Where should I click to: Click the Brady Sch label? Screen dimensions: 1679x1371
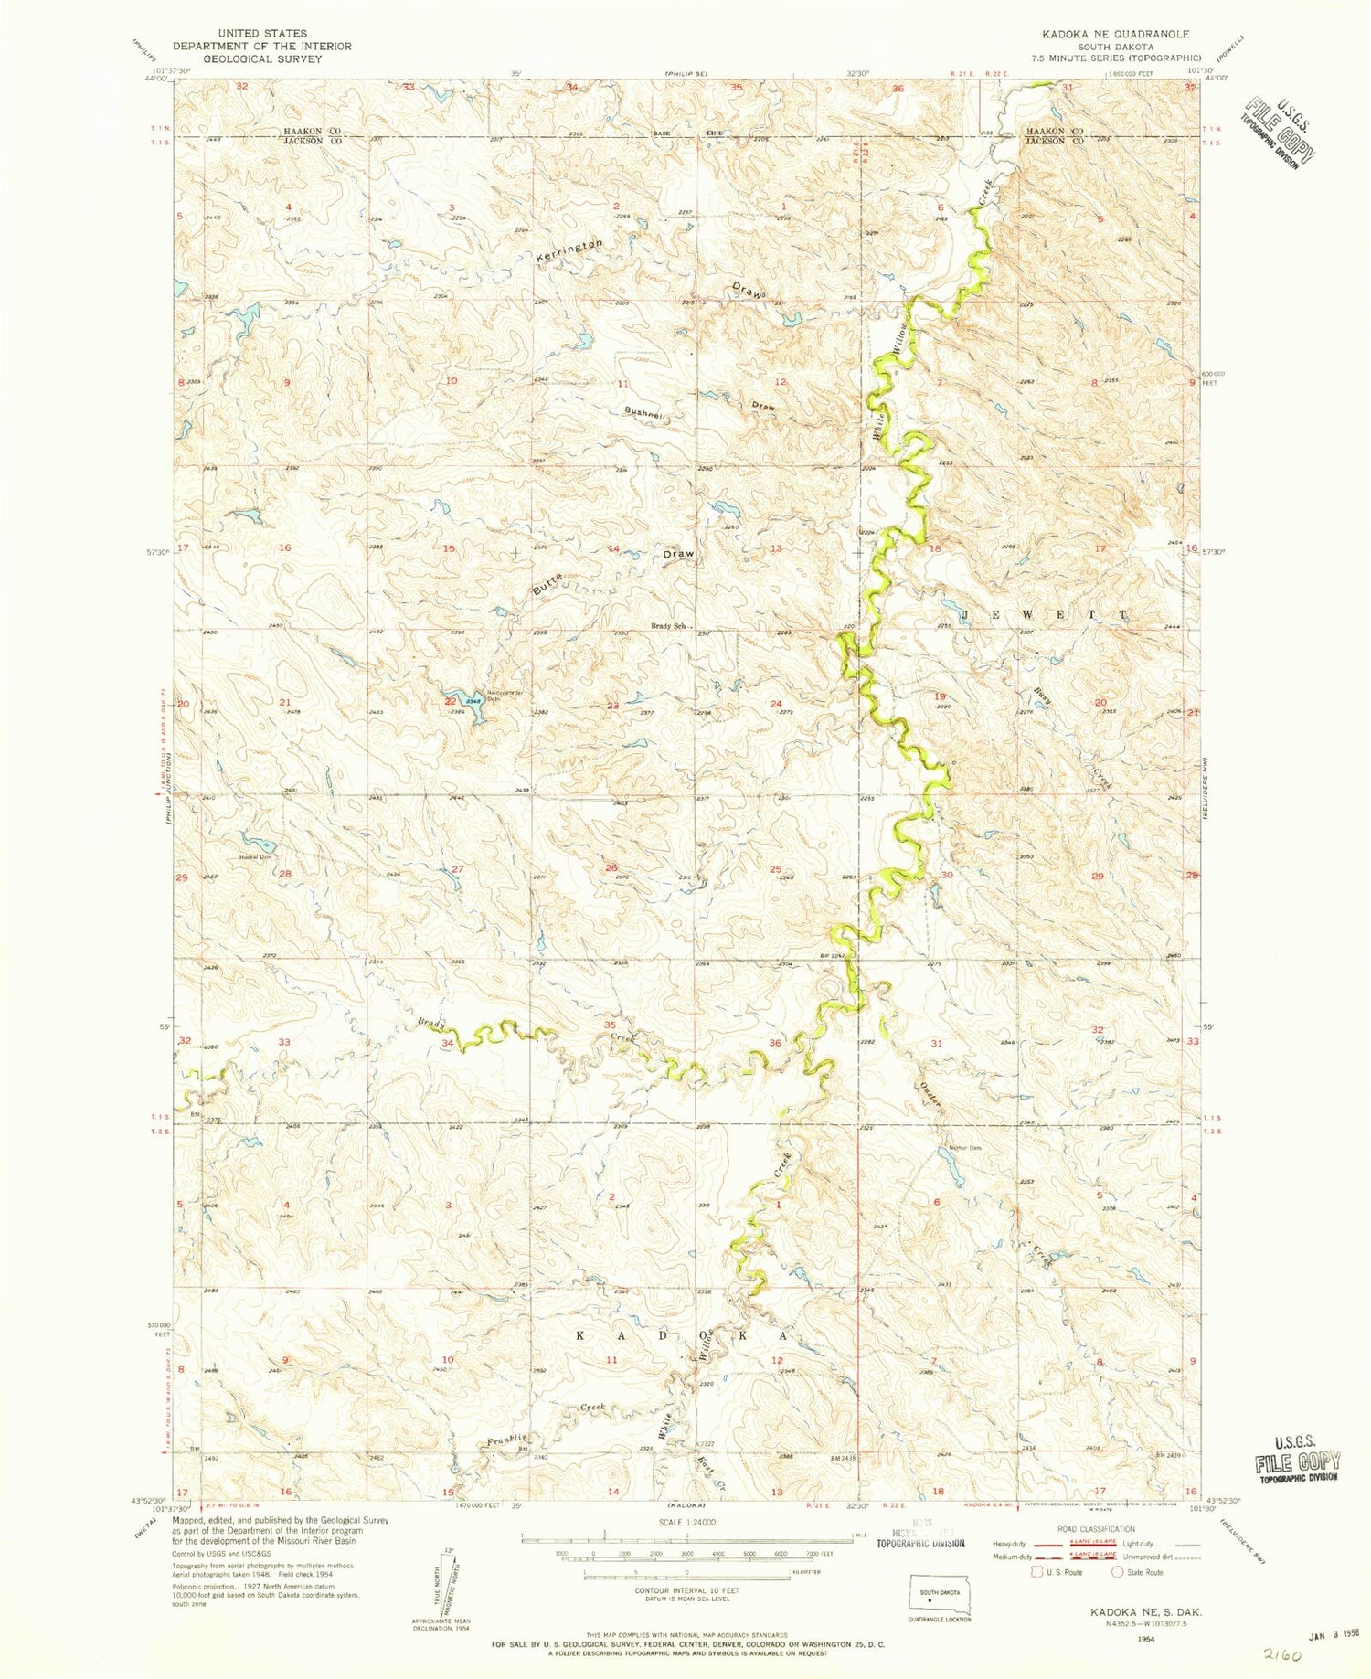pos(667,626)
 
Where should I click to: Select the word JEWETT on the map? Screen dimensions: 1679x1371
pos(1036,616)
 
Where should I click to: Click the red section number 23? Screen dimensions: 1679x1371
pos(612,705)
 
